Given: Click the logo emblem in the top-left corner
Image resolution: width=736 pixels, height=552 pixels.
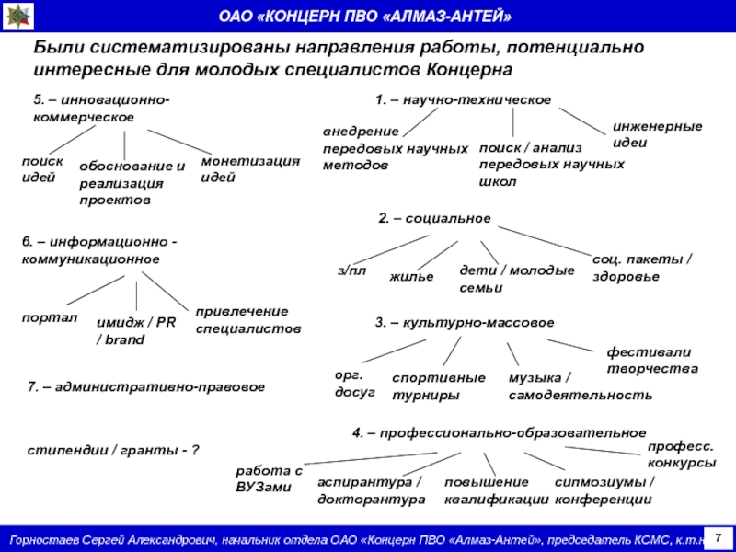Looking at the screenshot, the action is point(17,17).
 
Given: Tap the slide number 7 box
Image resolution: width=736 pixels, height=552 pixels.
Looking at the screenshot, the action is point(719,536).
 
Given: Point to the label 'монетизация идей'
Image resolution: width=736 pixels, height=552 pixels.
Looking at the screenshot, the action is point(250,168).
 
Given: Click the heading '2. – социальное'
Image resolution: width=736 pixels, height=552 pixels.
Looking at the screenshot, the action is point(434,218).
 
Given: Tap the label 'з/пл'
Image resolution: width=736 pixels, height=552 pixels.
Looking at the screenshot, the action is point(351,270).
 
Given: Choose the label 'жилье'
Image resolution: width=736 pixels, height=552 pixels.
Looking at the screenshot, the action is point(411,276).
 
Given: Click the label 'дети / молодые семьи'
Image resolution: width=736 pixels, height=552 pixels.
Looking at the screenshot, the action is point(516,279).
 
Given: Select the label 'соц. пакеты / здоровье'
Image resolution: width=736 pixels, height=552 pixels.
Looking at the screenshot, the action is point(642,268).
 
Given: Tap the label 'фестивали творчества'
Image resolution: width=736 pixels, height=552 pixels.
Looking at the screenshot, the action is point(651,361).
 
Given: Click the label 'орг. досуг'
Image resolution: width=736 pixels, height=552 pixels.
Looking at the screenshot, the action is point(354,384).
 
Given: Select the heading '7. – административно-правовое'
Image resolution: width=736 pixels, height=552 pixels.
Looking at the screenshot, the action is point(146,387).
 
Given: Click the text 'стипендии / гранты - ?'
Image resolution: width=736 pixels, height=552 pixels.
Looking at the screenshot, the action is point(113,452).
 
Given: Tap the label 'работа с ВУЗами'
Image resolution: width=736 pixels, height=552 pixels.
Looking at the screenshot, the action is point(268,478).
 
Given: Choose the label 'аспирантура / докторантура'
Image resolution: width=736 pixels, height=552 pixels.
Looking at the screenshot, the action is point(371,490).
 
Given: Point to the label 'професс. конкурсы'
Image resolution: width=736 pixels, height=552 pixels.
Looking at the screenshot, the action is point(681,454).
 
